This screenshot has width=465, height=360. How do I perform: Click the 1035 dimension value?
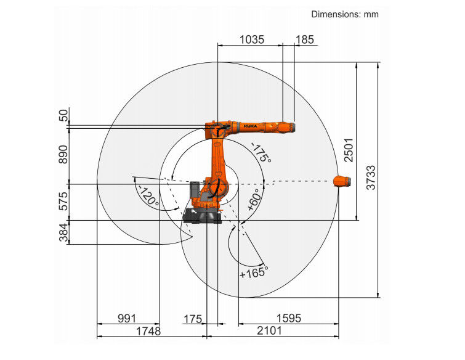coord(251,39)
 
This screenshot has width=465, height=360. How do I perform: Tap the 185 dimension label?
coord(305,39)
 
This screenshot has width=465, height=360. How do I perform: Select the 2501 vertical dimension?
coord(349,150)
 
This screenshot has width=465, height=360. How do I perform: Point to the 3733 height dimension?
coord(371,178)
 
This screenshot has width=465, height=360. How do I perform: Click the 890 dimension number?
coord(63,154)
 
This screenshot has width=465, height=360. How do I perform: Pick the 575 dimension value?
coord(63,201)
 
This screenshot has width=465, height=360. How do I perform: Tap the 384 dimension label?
coord(63,232)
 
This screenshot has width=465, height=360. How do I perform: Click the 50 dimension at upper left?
coord(63,115)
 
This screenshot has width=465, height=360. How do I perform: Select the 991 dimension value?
coord(127,319)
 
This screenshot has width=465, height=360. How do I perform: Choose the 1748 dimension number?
coord(148,331)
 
